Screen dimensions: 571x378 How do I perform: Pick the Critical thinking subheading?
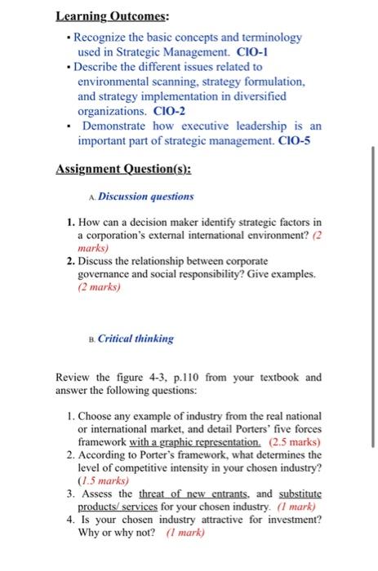point(136,338)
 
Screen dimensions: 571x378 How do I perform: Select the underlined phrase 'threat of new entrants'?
point(177,494)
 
